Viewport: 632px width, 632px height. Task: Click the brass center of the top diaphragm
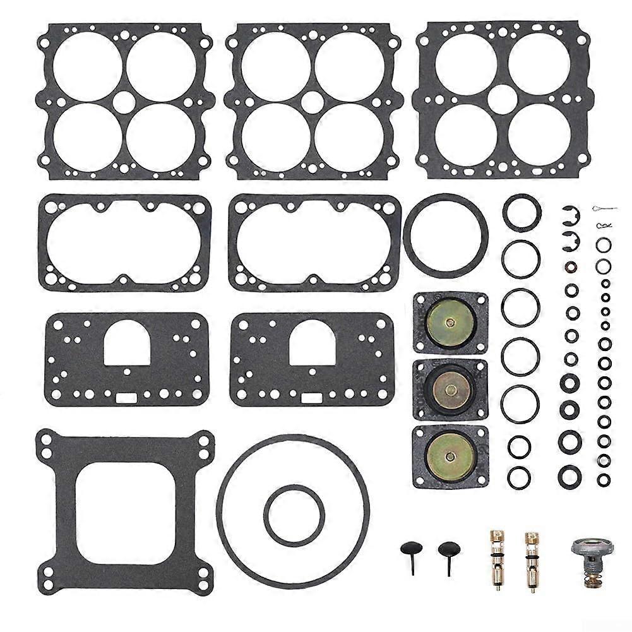(450, 322)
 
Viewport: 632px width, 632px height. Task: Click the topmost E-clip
(566, 214)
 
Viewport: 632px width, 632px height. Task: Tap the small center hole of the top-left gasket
(124, 101)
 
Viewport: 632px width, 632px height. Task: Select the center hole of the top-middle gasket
(313, 101)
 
